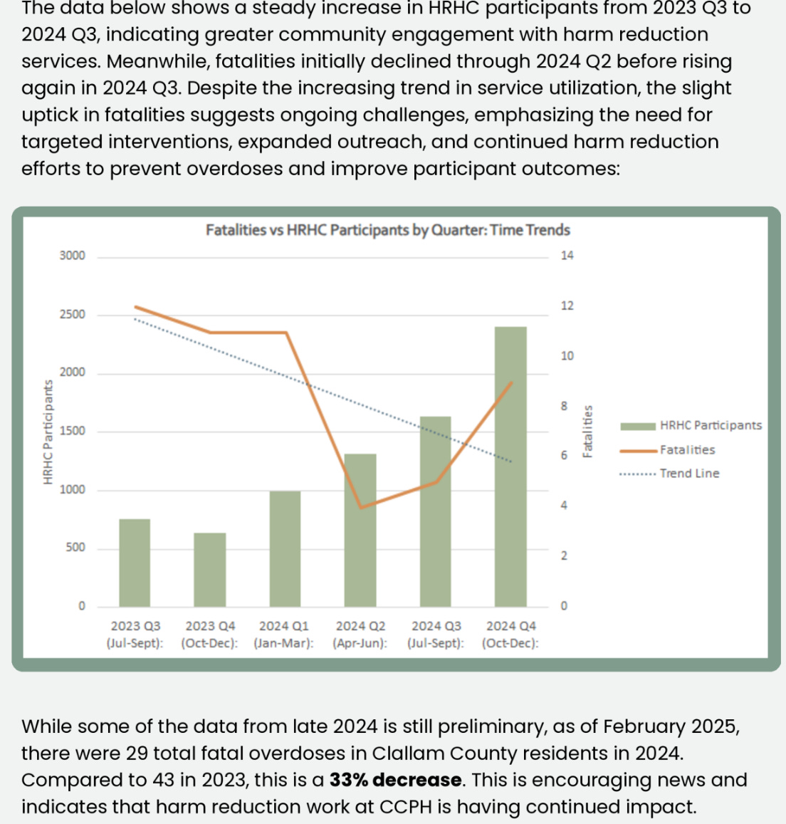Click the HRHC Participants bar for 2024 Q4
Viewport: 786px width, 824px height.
510,466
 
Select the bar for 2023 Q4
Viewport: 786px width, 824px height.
210,570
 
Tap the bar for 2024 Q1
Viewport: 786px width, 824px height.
285,548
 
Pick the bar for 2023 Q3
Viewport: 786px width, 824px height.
135,563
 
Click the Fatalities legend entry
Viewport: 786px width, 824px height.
687,450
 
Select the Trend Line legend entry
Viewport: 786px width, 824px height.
689,474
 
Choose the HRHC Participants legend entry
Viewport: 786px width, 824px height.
711,426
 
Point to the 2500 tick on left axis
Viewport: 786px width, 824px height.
72,315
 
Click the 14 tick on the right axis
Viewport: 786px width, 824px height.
567,256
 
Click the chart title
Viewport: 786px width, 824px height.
388,230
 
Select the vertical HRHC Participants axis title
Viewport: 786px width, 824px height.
48,432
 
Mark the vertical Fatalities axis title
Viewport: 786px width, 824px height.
588,432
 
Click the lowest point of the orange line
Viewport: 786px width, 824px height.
361,507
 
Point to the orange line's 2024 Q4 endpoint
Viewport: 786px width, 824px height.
511,383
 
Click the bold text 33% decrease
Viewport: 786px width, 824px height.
396,780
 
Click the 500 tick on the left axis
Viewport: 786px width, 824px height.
75,548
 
